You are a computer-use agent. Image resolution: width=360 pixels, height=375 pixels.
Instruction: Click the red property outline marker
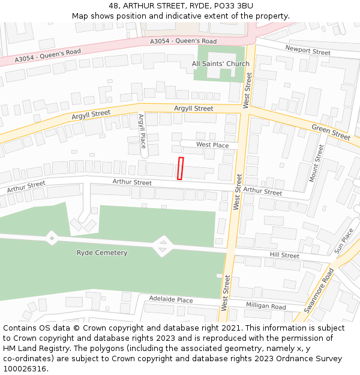coord(181,168)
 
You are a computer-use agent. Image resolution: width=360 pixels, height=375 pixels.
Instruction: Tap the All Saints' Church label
coord(220,64)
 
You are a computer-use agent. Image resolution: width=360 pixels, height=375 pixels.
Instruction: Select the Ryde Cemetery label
coord(102,253)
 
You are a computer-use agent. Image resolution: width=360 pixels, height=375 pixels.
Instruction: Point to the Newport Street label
coord(308,51)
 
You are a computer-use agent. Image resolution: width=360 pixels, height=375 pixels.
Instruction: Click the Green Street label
coord(331,132)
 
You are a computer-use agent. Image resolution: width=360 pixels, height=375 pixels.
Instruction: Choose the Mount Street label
coord(316,163)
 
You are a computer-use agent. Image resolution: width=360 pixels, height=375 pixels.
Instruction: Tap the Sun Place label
coord(344,240)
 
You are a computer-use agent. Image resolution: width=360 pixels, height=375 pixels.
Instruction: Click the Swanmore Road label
coord(318,290)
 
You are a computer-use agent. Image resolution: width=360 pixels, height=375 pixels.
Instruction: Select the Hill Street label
coord(284,255)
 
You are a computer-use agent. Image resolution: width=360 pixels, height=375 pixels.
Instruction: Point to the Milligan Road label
coord(266,306)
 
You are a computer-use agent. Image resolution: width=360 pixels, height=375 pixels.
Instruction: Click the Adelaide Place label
coord(171,299)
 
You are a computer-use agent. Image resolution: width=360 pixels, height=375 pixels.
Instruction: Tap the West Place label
coord(212,145)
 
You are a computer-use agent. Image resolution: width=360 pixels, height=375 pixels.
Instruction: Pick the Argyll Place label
coord(142,131)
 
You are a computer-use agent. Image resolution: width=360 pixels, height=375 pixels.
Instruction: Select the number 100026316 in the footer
coord(24,368)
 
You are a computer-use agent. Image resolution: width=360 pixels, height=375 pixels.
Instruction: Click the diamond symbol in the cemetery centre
coord(161,245)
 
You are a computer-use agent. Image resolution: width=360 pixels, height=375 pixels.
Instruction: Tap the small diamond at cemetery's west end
coord(52,239)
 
